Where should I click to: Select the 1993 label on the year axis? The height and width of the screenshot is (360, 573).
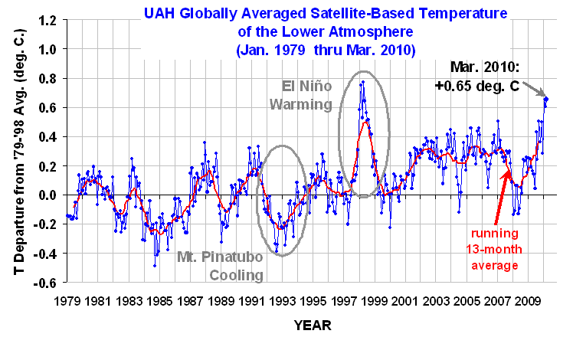278,296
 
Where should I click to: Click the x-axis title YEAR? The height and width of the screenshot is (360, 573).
313,326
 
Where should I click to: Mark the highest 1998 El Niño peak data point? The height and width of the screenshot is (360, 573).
362,82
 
